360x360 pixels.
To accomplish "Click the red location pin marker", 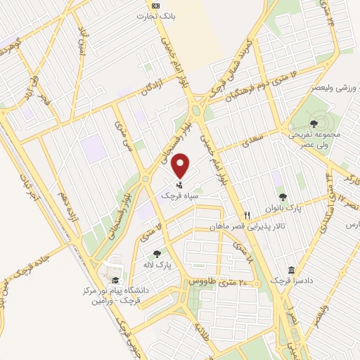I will (181, 165).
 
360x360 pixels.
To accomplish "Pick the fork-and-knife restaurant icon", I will (247, 214).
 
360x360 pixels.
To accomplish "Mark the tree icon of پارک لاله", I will (156, 254).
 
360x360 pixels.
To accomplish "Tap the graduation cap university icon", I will (115, 281).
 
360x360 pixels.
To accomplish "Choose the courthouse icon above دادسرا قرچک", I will (291, 270).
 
